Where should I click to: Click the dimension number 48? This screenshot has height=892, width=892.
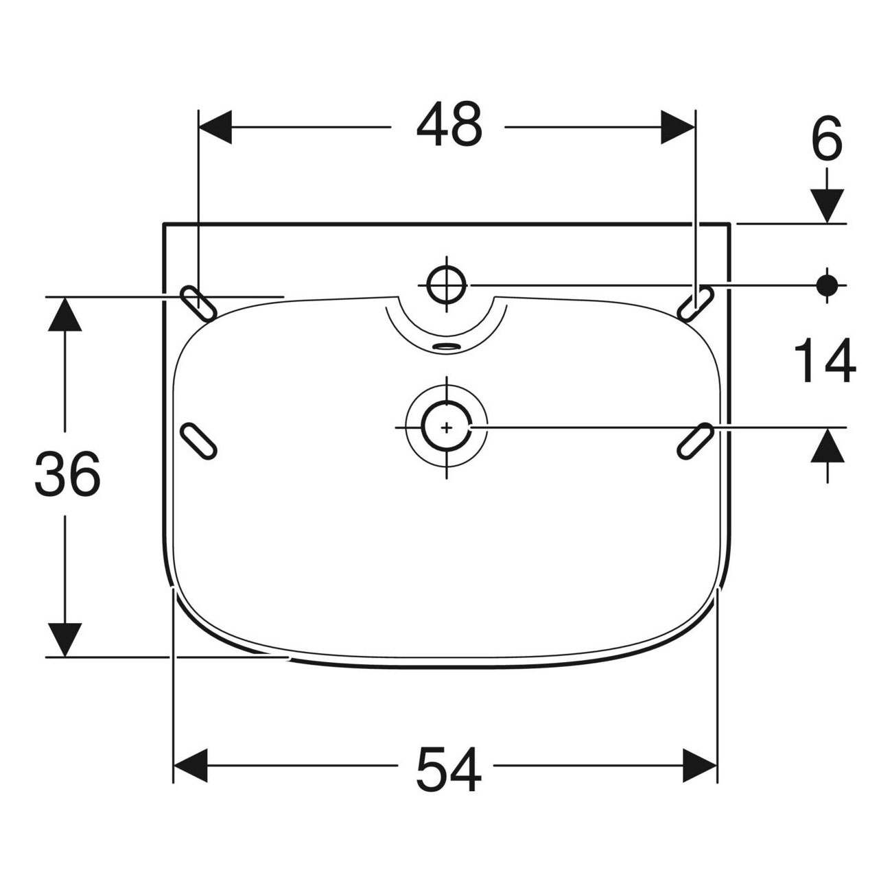point(449,124)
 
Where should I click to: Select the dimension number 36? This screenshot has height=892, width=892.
point(67,473)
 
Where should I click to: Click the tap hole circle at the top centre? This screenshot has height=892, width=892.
point(446,285)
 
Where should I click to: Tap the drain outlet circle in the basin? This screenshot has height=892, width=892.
point(446,427)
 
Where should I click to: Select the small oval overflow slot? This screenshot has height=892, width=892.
point(446,346)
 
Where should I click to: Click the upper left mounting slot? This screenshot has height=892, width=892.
point(198,304)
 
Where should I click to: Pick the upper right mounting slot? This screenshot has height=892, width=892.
point(695,304)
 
